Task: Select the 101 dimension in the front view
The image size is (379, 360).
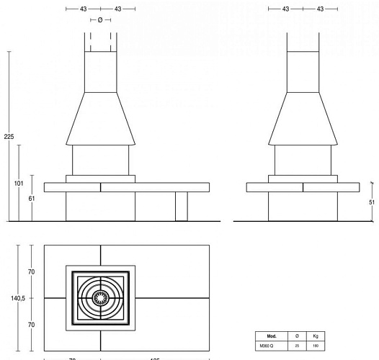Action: click(19, 184)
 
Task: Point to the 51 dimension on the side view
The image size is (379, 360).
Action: click(370, 203)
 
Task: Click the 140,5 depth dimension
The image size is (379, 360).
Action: click(9, 297)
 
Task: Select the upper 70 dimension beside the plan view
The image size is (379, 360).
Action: click(32, 271)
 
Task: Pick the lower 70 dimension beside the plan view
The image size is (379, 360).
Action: click(32, 325)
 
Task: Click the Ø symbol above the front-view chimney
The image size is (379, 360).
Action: click(99, 20)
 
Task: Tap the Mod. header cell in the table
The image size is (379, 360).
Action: click(272, 336)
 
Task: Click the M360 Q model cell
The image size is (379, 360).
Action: click(272, 346)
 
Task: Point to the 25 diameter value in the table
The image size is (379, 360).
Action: click(298, 346)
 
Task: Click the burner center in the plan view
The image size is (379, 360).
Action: click(102, 297)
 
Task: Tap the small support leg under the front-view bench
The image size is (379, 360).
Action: click(182, 207)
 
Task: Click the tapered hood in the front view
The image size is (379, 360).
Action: click(101, 119)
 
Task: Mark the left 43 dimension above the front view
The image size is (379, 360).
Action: click(84, 9)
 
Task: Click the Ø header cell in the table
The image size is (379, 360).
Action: click(298, 336)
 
